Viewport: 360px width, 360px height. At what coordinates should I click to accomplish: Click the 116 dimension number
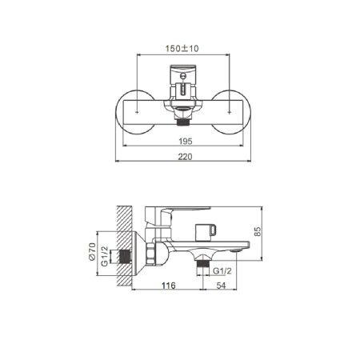(x=167, y=286)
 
